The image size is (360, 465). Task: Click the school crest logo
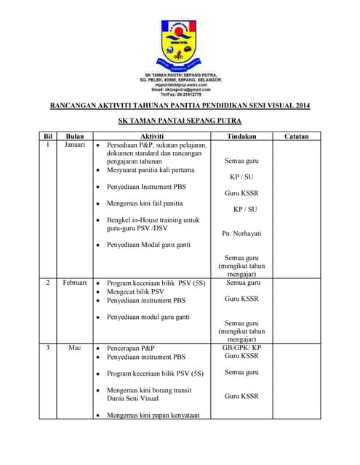[180, 44]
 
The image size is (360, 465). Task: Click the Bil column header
[49, 136]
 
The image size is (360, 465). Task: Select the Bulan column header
[75, 136]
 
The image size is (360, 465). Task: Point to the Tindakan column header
[241, 136]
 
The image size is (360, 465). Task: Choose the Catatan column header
[297, 136]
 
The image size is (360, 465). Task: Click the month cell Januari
[75, 145]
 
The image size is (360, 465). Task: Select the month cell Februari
[75, 282]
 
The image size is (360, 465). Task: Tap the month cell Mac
[75, 348]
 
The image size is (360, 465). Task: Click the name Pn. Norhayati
[241, 233]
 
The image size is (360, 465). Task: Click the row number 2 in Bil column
[49, 282]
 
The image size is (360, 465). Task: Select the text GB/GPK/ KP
[241, 348]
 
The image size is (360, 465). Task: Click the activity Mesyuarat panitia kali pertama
[151, 170]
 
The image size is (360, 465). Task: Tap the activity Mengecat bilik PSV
[135, 291]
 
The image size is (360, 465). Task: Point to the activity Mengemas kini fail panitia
[145, 203]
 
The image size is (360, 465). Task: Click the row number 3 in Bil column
[49, 348]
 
